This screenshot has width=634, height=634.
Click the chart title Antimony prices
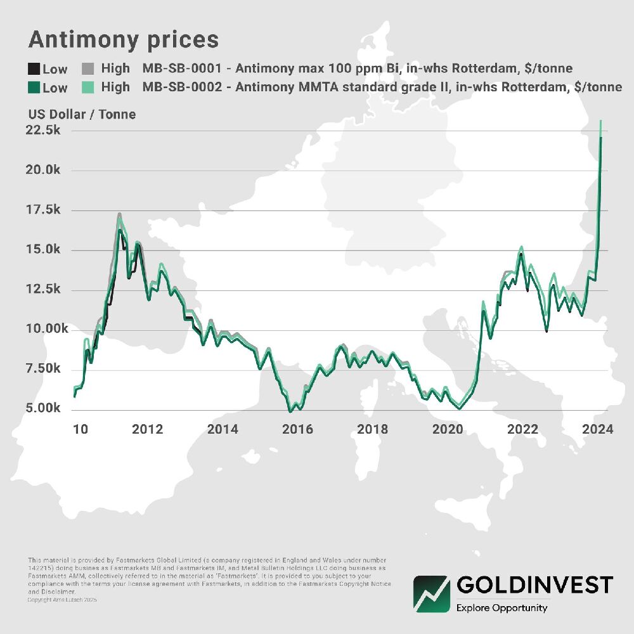[124, 40]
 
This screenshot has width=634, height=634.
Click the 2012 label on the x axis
[148, 429]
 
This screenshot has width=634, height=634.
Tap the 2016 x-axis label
[297, 429]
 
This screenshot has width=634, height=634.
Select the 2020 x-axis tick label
[448, 429]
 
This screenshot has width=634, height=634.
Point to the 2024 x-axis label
[597, 429]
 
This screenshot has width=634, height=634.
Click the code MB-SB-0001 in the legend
[182, 68]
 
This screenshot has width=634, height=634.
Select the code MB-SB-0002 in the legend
[182, 87]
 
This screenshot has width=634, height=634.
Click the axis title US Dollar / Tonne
[82, 115]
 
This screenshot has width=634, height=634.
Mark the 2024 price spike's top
[600, 120]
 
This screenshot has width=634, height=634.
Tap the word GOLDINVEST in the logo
[534, 584]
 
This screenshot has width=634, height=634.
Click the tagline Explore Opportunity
[501, 608]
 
